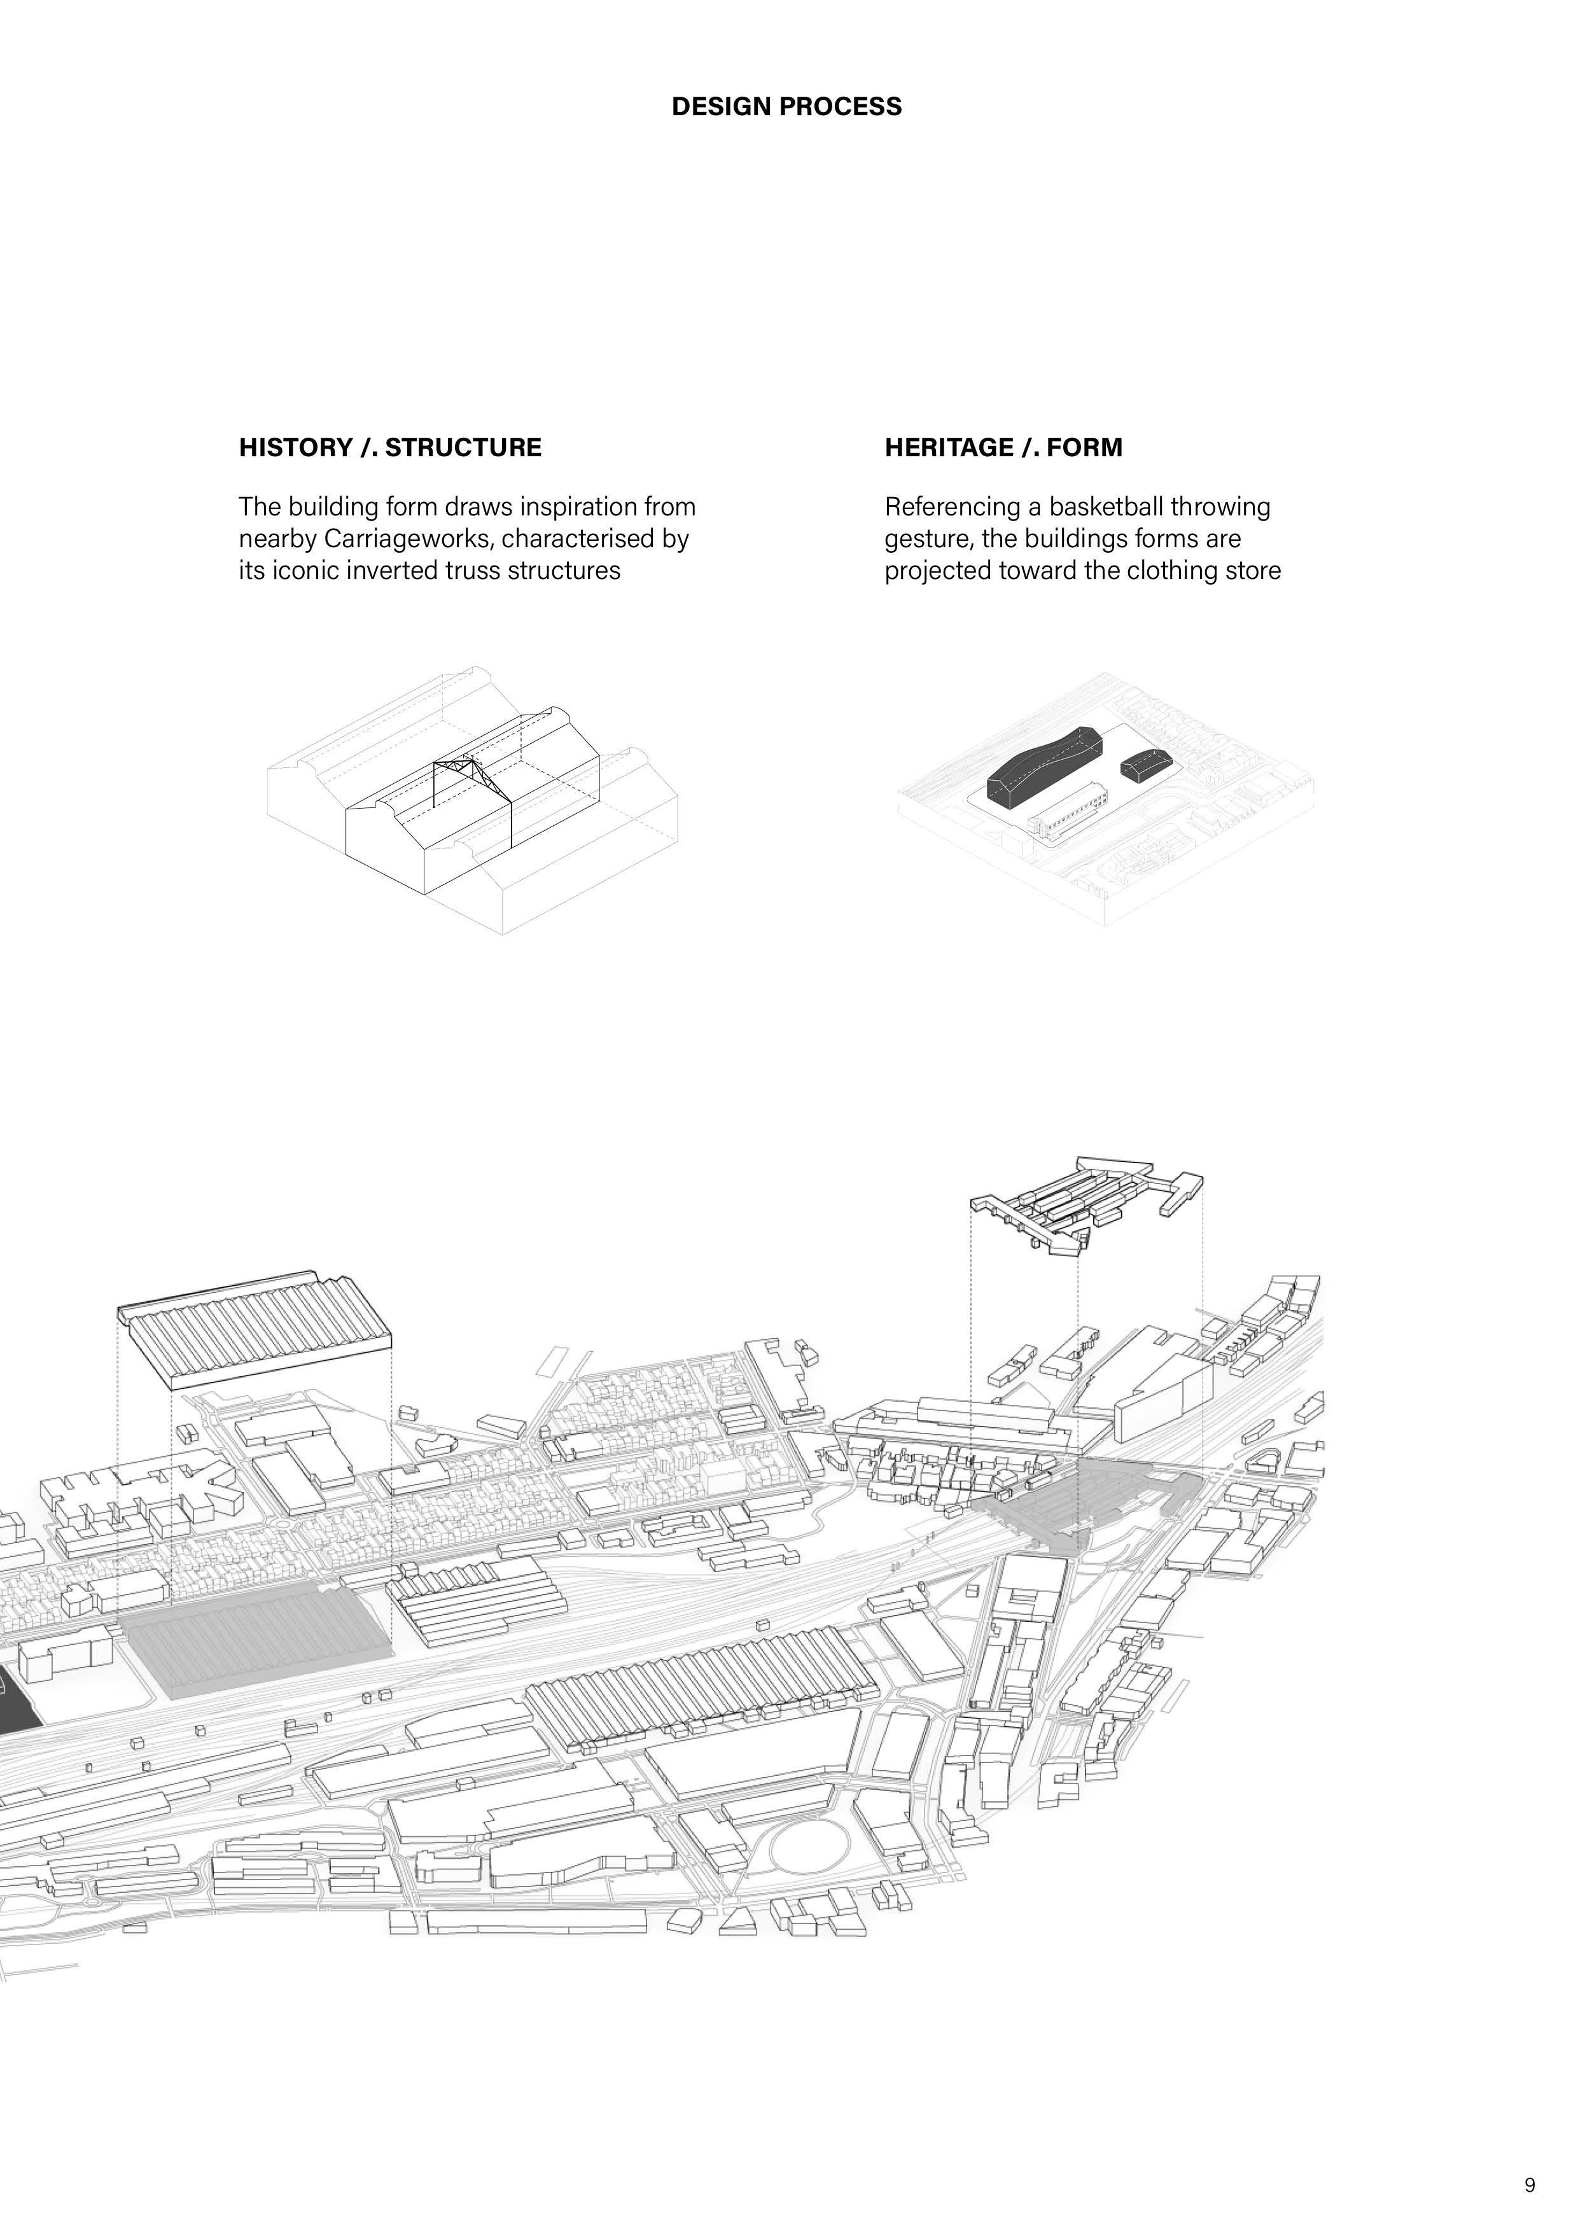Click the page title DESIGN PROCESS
pos(786,106)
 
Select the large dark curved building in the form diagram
pos(1042,762)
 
